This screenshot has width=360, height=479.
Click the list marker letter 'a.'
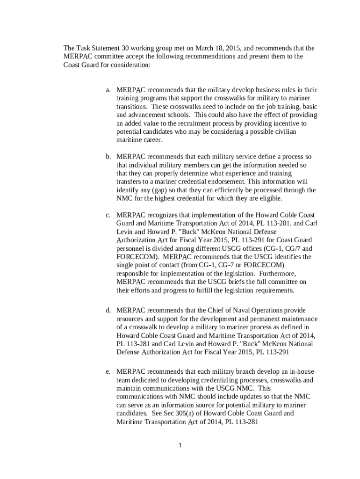108,90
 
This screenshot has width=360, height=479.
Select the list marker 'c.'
108,215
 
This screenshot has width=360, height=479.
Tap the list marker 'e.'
108,372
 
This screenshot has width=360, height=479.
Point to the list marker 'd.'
108,310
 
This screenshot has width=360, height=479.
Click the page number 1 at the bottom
180,445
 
